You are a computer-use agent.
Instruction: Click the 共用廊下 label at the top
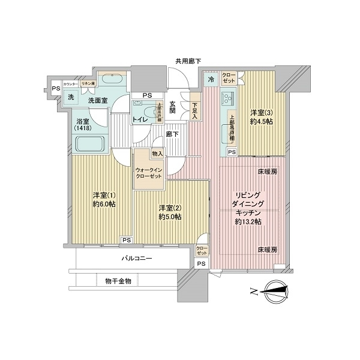[x=188, y=61]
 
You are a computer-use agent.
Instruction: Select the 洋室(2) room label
[x=170, y=212]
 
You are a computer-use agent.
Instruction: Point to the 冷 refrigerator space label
[x=211, y=79]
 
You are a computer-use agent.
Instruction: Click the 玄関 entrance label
[x=172, y=106]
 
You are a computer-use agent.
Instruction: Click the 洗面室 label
[x=97, y=100]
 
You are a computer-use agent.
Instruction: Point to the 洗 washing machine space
[x=70, y=97]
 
